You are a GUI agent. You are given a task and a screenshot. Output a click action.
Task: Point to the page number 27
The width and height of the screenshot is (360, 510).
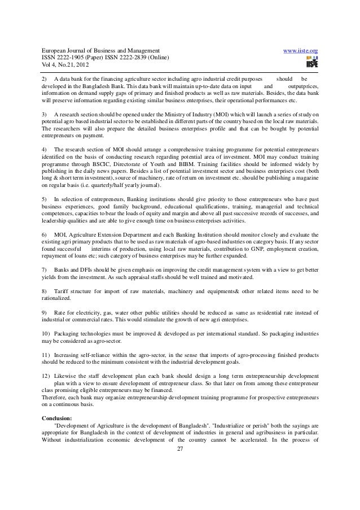pos(181,449)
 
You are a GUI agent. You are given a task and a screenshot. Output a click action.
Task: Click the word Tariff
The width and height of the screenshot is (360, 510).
pos(62,291)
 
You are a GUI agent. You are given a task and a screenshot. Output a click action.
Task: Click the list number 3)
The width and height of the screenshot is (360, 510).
pos(45,114)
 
